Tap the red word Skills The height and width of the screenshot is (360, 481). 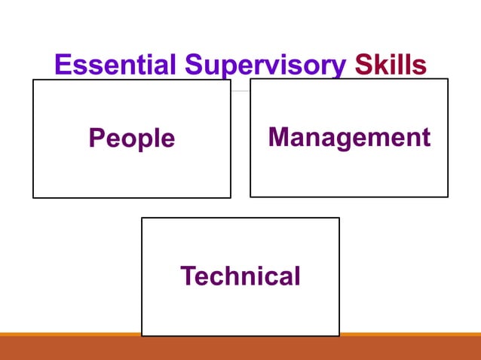[x=391, y=65]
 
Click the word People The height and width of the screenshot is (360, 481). [x=132, y=139]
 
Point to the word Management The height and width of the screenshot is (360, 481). [x=349, y=137]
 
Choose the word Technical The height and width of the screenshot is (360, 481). [x=240, y=276]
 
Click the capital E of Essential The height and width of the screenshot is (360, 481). [x=63, y=65]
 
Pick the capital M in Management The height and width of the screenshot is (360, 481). [x=280, y=136]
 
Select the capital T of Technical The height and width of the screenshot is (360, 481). [x=188, y=276]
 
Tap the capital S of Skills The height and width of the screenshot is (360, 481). [x=363, y=65]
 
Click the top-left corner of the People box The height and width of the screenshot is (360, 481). [x=33, y=80]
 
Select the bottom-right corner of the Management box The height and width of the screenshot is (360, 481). [x=448, y=197]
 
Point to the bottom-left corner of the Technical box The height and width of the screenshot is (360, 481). [x=142, y=336]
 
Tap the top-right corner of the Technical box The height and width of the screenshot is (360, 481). [x=339, y=218]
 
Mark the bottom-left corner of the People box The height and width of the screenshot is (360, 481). [x=33, y=197]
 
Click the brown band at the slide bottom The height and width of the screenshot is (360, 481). [x=240, y=348]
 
